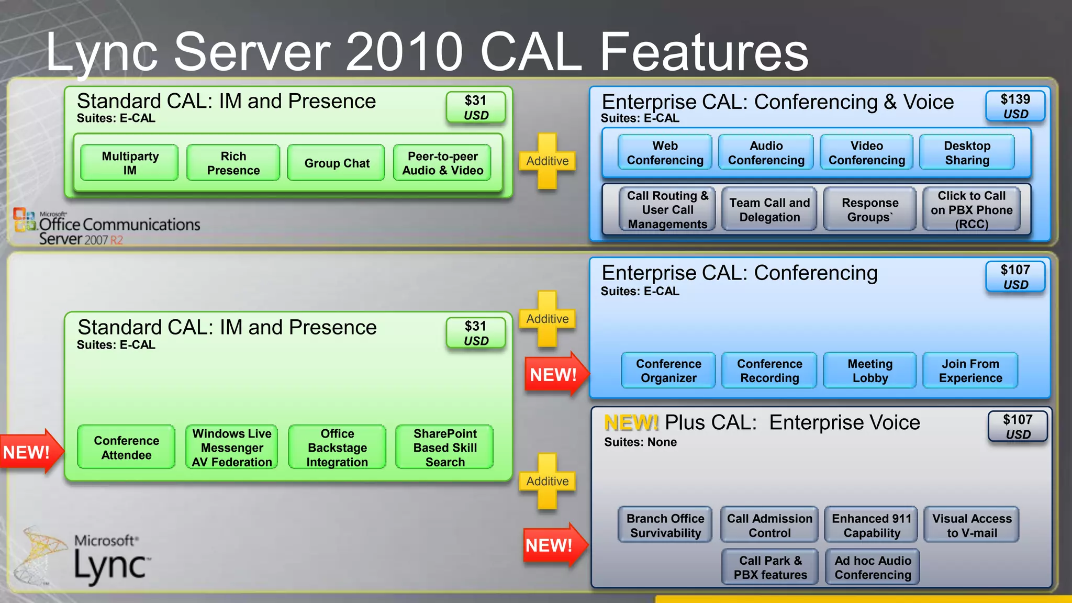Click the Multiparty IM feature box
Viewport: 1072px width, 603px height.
[x=130, y=163]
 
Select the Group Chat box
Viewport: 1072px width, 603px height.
[x=337, y=163]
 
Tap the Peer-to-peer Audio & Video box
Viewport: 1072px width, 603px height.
[x=442, y=163]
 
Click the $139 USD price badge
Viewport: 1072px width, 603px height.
[x=1015, y=106]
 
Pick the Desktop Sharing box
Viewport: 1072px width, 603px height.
[x=967, y=153]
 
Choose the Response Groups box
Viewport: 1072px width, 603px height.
[x=869, y=210]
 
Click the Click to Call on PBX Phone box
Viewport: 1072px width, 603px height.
[x=971, y=210]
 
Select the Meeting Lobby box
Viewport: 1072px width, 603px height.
[x=869, y=371]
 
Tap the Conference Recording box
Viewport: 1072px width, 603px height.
[x=769, y=371]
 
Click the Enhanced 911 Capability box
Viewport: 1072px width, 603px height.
[x=872, y=526]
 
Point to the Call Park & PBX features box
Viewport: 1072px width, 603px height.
[x=770, y=567]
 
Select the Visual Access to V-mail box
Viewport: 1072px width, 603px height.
[x=971, y=526]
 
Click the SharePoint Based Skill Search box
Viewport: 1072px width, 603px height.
[x=444, y=448]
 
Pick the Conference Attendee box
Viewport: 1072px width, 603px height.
[x=126, y=448]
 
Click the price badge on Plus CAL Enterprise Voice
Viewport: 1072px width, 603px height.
[x=1017, y=427]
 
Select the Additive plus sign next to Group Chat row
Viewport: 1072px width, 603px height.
[x=547, y=161]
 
